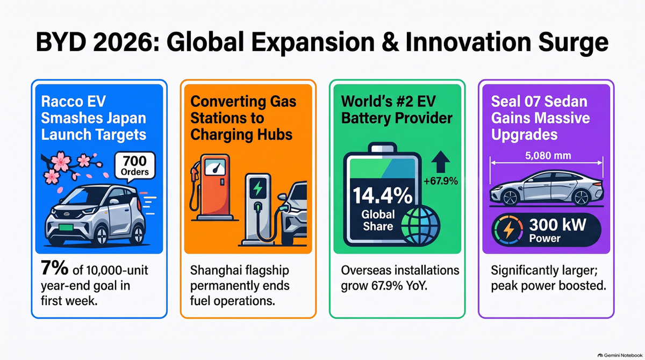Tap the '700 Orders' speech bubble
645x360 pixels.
pos(135,167)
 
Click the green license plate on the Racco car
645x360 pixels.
pos(66,228)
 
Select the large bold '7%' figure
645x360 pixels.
pos(54,268)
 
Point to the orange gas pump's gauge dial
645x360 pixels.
pos(215,167)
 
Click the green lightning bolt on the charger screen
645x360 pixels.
pos(257,188)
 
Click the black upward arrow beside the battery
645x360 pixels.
pos(441,162)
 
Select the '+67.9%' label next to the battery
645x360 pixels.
pos(441,181)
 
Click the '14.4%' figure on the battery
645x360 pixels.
pos(382,196)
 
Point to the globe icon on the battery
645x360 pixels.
pos(420,226)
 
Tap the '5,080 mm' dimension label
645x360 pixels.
pos(548,156)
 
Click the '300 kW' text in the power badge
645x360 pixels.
pos(558,225)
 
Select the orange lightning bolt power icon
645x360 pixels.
pos(508,230)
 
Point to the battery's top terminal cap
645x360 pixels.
pos(382,148)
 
